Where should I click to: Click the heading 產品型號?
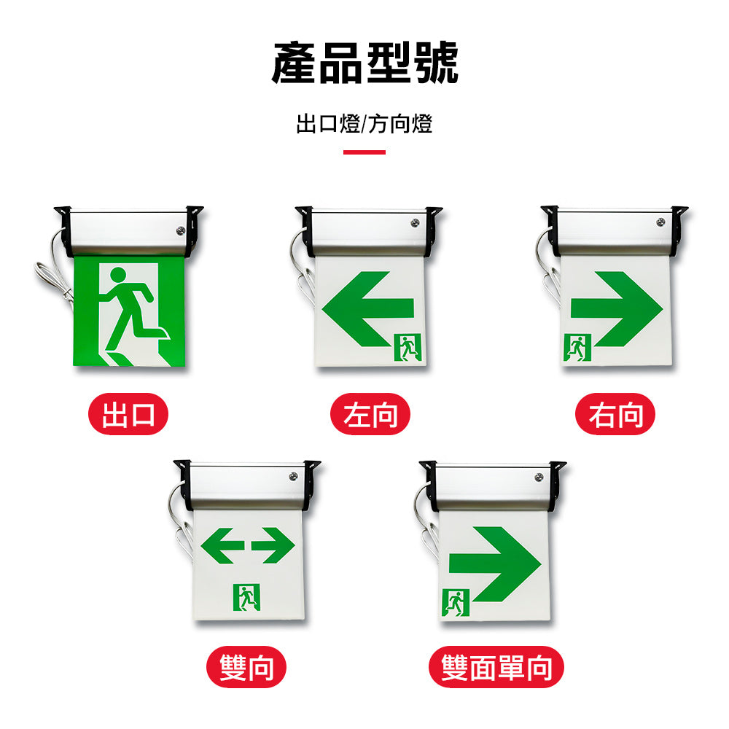pyautogui.click(x=364, y=64)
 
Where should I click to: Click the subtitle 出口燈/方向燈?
pyautogui.click(x=364, y=124)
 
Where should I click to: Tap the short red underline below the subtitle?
pyautogui.click(x=364, y=152)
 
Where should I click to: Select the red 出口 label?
pyautogui.click(x=128, y=414)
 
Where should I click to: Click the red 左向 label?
pyautogui.click(x=370, y=415)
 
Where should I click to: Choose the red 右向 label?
pyautogui.click(x=615, y=415)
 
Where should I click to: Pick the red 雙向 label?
pyautogui.click(x=246, y=667)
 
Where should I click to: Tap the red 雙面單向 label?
pyautogui.click(x=496, y=667)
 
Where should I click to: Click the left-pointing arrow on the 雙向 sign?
pyautogui.click(x=222, y=545)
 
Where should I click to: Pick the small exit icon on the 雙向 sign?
pyautogui.click(x=246, y=598)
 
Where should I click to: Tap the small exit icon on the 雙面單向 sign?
pyautogui.click(x=456, y=602)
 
